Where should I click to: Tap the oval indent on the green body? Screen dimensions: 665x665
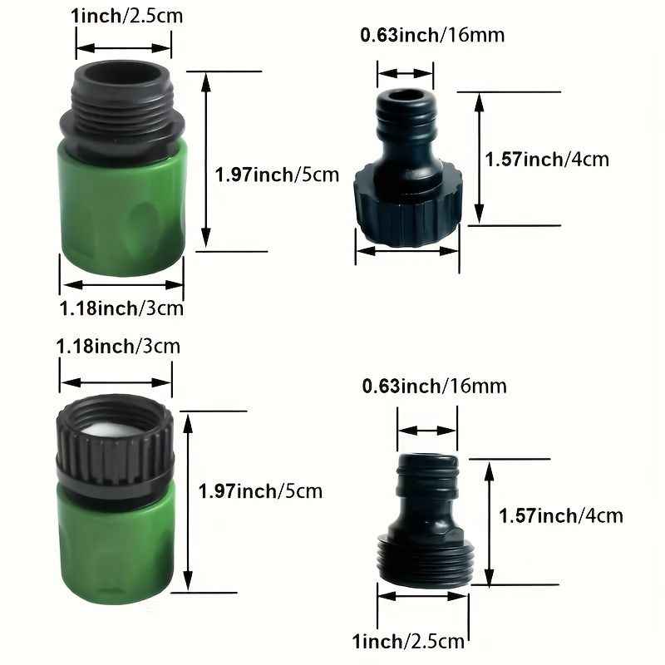point(143,221)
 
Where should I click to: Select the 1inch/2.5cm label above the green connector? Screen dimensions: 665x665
point(126,16)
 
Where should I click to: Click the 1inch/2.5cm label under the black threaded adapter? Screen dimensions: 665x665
point(408,641)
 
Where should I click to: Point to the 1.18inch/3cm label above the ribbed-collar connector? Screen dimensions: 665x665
point(118,347)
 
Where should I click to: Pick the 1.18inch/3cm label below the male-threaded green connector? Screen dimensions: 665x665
point(121,308)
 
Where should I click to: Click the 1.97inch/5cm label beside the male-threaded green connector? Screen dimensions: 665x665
point(277,175)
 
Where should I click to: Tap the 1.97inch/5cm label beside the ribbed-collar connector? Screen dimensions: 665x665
point(260,491)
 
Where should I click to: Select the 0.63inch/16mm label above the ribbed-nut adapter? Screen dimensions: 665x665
point(432,35)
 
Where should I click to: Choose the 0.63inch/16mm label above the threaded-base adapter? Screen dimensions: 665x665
point(435,387)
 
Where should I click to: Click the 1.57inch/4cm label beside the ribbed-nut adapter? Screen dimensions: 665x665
point(547,160)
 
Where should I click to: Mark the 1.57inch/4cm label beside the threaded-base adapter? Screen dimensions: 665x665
point(560,516)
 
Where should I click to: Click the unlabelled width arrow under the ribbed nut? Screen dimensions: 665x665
point(407,251)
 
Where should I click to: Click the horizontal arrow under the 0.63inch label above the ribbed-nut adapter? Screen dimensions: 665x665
point(406,73)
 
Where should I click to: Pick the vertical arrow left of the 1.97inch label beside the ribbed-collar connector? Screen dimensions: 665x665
point(189,502)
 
